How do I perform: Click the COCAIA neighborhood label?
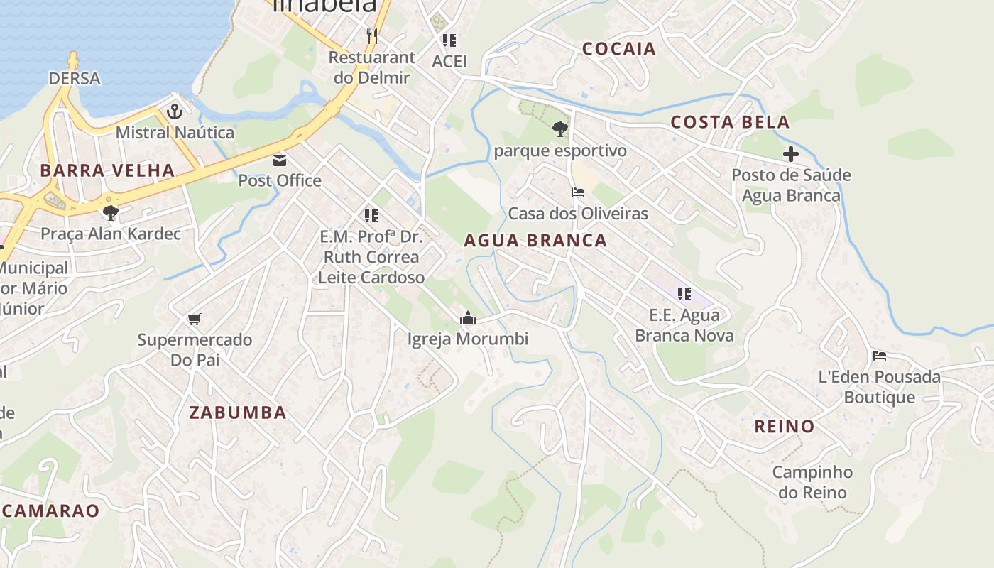point(618,49)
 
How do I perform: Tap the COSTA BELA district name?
point(731,122)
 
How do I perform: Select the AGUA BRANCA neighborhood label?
point(535,241)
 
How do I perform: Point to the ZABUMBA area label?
point(237,413)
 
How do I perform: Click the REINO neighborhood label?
point(784,427)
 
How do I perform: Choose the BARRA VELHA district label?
point(107,170)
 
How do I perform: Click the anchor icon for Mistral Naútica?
point(174,111)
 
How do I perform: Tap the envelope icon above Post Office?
point(279,160)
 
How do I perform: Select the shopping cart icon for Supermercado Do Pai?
point(195,319)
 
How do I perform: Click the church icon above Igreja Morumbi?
point(467,319)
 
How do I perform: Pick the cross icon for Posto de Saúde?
point(790,154)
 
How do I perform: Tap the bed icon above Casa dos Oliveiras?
point(577,192)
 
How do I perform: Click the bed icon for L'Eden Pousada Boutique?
point(879,356)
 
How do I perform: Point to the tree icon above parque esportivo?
point(559,129)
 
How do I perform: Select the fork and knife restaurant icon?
point(371,35)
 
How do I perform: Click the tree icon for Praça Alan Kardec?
point(110,212)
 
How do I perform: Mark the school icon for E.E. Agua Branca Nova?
point(684,294)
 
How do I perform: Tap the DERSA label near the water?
point(75,78)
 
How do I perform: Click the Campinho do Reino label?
point(812,482)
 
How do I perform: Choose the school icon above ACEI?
point(449,40)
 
